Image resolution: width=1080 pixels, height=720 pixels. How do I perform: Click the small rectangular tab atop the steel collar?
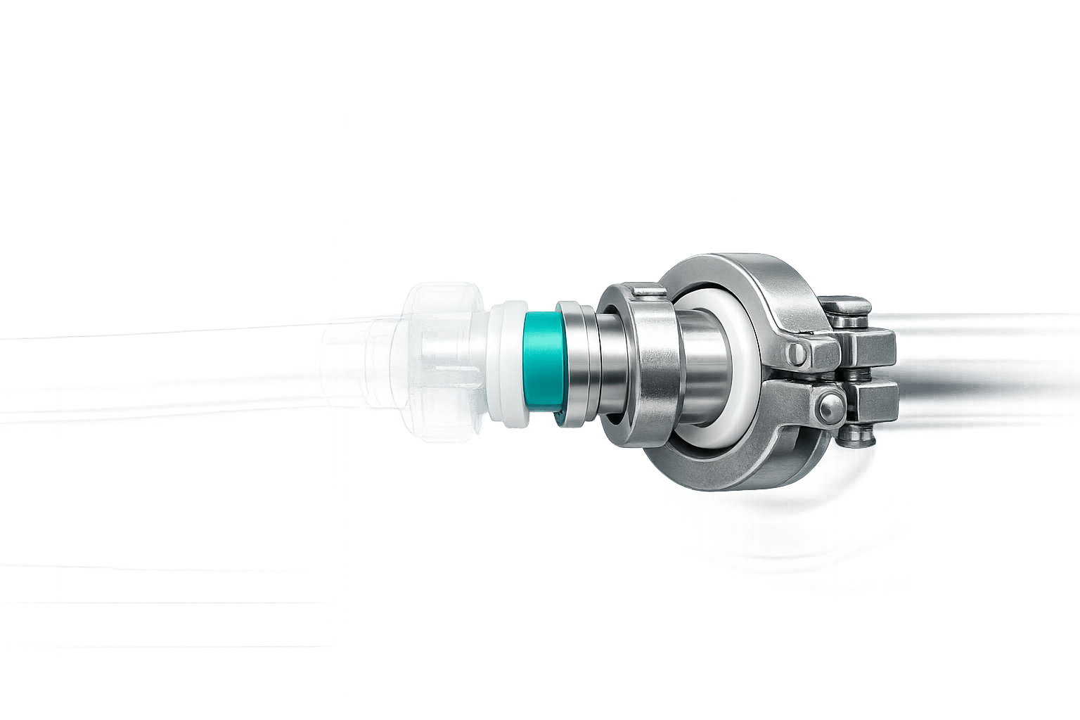click(x=646, y=291)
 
